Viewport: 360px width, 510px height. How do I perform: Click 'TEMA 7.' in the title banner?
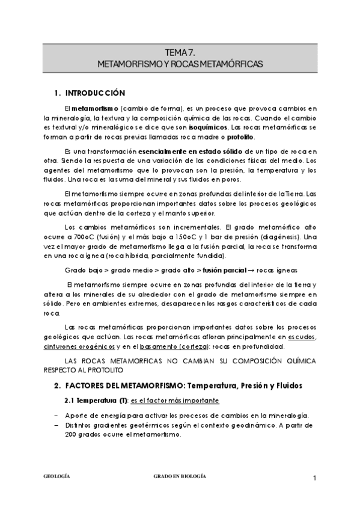[180, 53]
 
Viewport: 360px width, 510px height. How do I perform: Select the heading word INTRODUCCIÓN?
[96, 93]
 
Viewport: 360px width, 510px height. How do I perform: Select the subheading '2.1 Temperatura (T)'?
[95, 400]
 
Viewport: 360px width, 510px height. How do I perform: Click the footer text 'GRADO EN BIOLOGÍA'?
[180, 476]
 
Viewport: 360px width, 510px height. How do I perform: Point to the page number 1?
[314, 478]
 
